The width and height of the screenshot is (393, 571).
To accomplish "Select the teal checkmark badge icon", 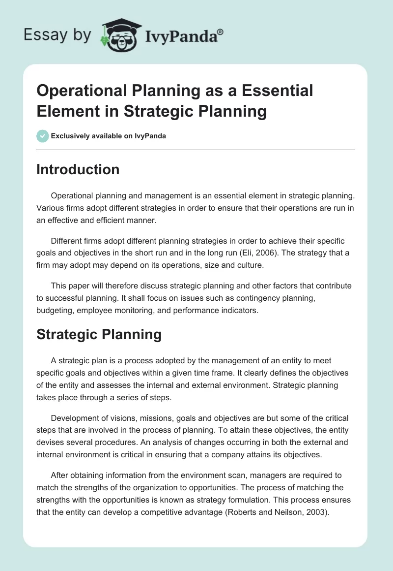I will (43, 136).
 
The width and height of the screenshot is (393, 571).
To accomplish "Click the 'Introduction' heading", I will (78, 169).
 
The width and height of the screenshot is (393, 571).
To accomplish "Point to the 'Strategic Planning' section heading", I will (99, 335).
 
